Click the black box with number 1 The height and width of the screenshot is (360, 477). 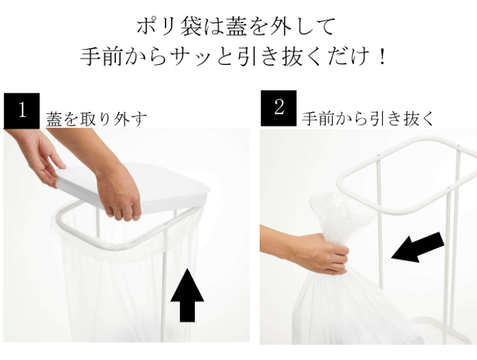coord(22,111)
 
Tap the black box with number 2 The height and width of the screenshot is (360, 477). coord(279,108)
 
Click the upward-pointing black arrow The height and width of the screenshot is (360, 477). coord(187,295)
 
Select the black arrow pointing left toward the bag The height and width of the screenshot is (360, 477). coord(417,248)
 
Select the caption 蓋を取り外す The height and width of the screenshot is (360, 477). coord(97,119)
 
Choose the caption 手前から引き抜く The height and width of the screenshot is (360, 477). coord(368,118)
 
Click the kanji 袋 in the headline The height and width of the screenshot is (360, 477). coord(191,26)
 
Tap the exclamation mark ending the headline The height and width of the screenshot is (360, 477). coord(382,57)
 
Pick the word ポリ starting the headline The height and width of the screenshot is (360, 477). coord(156,26)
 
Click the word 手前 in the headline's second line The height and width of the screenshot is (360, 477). coord(102,56)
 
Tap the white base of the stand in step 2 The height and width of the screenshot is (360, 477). coord(441,330)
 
